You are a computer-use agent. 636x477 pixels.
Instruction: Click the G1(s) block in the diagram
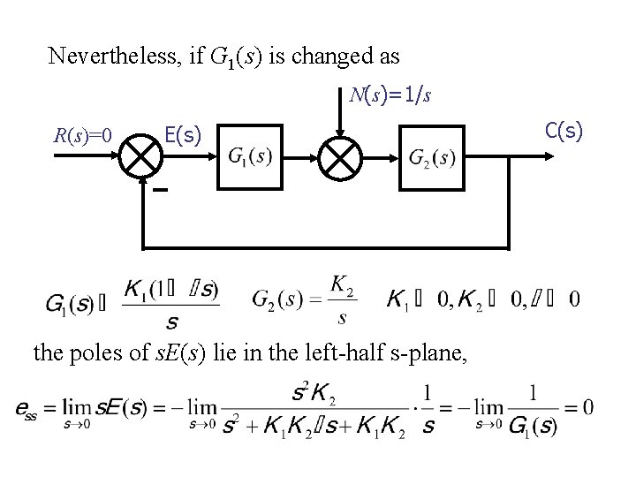coord(249,157)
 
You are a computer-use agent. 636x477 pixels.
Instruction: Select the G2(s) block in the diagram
coord(432,157)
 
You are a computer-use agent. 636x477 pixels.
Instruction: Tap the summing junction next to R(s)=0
coord(140,157)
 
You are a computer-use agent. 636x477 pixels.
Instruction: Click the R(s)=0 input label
coord(81,135)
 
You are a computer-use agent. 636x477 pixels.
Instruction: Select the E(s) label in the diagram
coord(184,134)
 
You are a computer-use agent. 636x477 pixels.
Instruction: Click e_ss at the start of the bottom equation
coord(26,408)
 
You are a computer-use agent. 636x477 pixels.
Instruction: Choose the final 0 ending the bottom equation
coord(587,407)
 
